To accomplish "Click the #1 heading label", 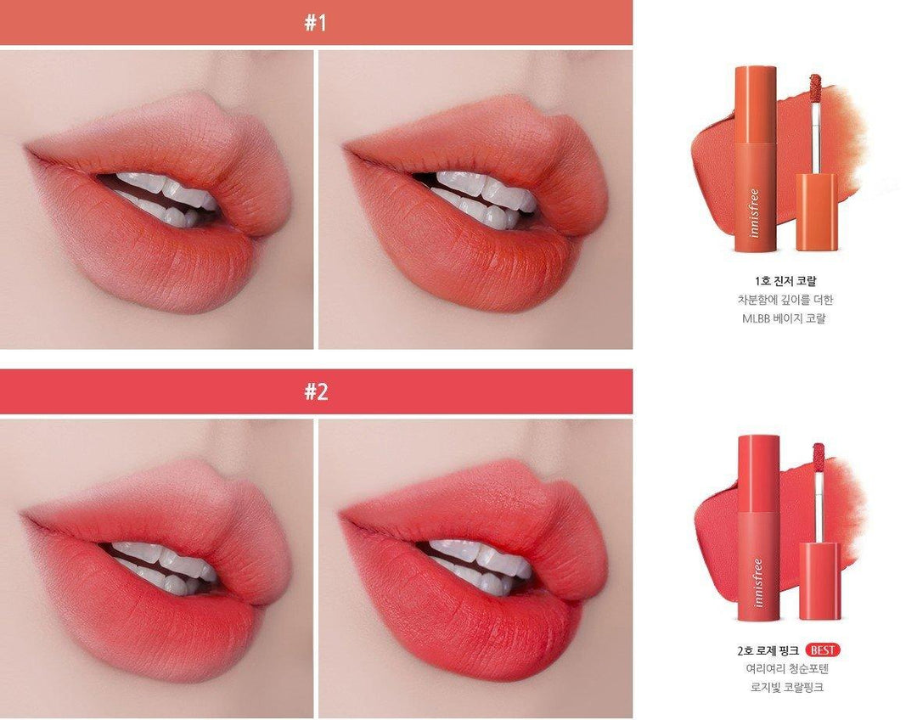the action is point(316,23).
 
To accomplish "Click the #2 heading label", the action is point(316,391).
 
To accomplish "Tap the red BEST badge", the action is point(823,650).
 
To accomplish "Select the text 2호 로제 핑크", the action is point(768,650).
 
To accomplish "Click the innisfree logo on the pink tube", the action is point(758,582).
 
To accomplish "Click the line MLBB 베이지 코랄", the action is point(784,318).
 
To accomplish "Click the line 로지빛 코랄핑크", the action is point(787,687).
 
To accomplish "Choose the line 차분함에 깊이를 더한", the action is point(785,300).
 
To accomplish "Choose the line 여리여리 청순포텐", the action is point(787,668).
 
